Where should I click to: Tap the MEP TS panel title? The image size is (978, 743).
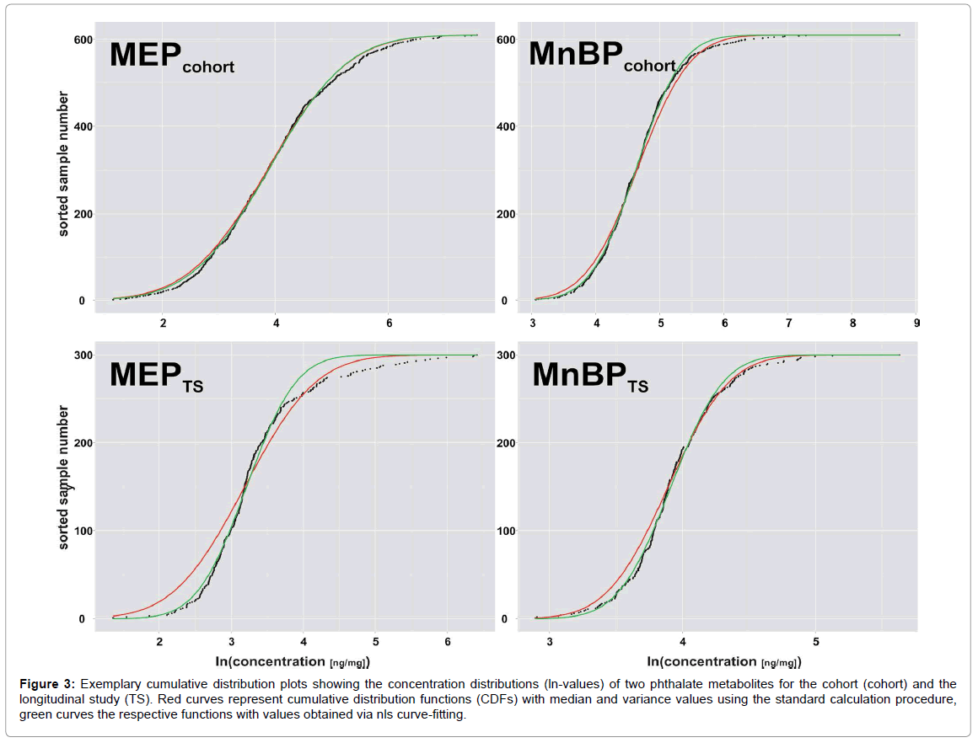coord(157,378)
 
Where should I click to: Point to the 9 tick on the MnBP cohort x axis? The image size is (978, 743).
coord(916,323)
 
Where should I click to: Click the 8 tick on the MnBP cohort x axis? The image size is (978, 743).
coord(852,323)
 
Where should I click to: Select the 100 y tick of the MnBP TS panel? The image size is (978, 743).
coord(506,531)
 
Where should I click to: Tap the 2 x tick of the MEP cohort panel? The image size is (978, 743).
coord(163,323)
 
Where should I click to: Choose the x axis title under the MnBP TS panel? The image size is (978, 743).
coord(720,662)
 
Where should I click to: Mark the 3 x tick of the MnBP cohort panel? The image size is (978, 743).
coord(533,323)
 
